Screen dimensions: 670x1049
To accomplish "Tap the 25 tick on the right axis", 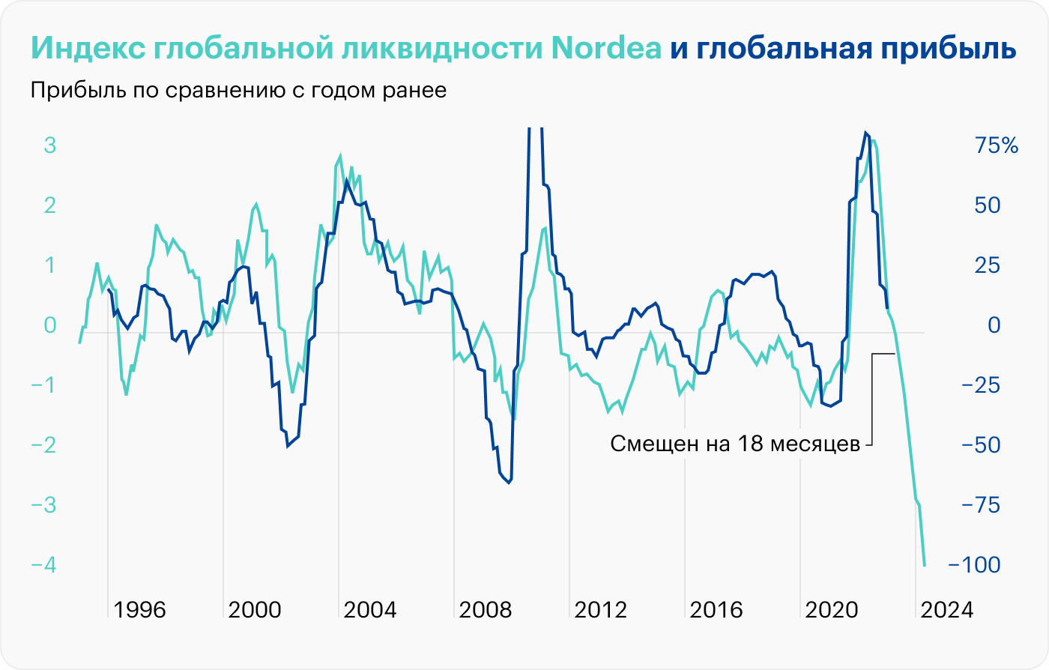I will coord(990,265).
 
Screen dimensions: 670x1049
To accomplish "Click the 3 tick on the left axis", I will coord(50,145).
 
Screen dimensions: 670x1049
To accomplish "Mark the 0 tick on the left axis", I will coord(50,325).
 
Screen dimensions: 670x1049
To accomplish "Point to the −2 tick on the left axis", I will coord(43,444).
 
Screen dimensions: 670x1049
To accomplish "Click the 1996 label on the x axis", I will coord(141,609).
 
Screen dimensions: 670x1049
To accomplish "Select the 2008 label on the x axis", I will coord(486,609).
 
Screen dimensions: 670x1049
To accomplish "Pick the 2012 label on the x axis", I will coord(602,609).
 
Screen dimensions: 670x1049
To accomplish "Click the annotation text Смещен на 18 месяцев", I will coord(735,444).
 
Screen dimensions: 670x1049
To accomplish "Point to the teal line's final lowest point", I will coord(925,566).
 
